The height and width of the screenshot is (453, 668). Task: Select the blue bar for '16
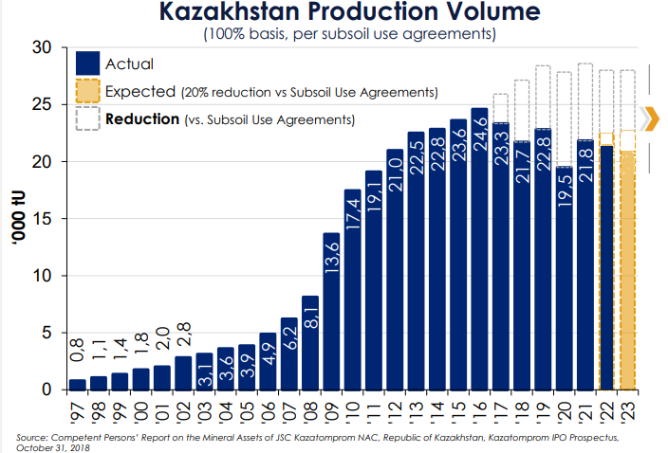pyautogui.click(x=479, y=256)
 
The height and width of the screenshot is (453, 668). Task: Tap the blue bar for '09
pyautogui.click(x=332, y=313)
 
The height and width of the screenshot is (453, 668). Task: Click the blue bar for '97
pyautogui.click(x=78, y=385)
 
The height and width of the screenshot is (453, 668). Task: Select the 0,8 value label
pyautogui.click(x=78, y=358)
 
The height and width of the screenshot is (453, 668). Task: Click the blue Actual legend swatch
pyautogui.click(x=88, y=64)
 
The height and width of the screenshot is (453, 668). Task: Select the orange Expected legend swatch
pyautogui.click(x=88, y=92)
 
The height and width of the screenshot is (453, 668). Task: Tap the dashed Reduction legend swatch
pyautogui.click(x=88, y=119)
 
